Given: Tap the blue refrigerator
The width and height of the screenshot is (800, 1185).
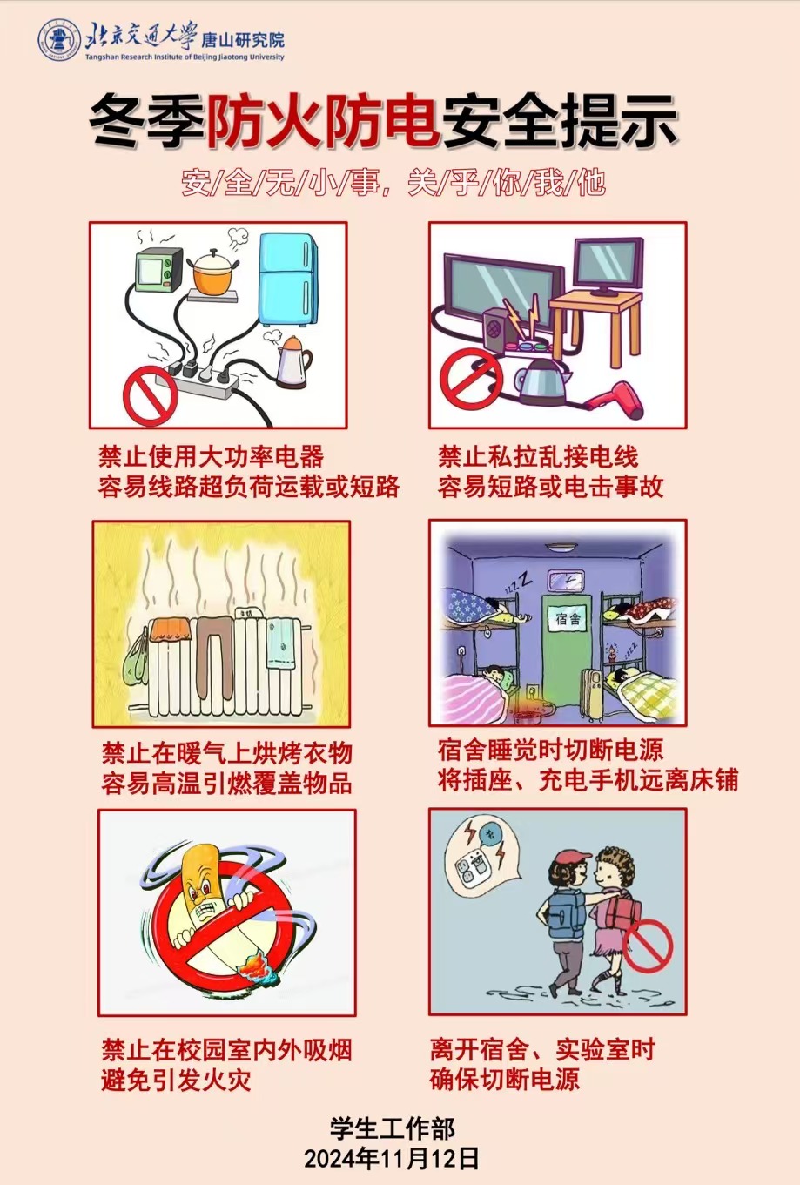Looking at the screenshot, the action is [288, 279].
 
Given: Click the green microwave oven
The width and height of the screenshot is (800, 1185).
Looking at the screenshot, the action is [158, 270].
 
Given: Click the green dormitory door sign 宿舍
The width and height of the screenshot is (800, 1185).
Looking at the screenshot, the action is [568, 618].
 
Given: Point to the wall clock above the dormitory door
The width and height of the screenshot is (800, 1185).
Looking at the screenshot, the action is [567, 581].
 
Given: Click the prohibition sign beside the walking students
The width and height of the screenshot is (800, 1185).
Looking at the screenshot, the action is [647, 946].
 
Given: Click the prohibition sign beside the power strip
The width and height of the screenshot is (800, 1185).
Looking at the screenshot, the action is [151, 395].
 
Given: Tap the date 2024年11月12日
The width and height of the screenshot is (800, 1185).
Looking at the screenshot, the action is [391, 1158].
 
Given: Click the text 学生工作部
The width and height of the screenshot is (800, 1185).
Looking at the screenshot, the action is [392, 1128].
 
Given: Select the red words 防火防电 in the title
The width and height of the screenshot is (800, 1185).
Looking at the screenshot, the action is [323, 120].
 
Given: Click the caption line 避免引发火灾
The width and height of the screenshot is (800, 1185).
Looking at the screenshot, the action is [176, 1080].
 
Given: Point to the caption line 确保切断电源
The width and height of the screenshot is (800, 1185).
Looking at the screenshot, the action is [505, 1079].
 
